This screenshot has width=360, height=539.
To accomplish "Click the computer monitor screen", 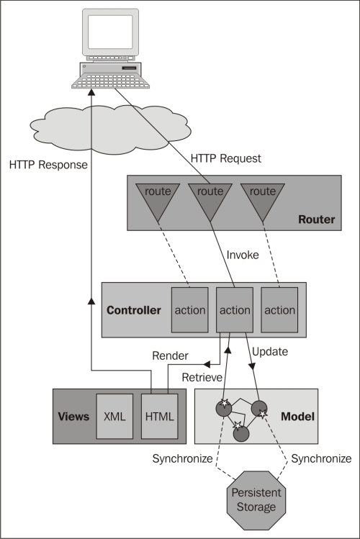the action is [110, 32].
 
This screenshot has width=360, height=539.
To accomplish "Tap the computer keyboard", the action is [110, 81].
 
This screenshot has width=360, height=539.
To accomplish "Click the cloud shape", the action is [110, 128].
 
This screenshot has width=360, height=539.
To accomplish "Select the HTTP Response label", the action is [48, 165].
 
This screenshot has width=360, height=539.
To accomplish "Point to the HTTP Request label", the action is [226, 158].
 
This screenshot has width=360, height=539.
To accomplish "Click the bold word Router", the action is [316, 219].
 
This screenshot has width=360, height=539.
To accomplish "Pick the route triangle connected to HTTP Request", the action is [210, 201].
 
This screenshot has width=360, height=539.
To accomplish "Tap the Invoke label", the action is [243, 255].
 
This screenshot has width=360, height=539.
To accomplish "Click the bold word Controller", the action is [134, 310].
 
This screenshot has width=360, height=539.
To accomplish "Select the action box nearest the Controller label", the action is [190, 310].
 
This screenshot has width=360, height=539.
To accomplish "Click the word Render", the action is [170, 355].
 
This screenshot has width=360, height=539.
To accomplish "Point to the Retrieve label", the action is [202, 377].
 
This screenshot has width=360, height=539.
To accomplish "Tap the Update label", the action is [270, 352].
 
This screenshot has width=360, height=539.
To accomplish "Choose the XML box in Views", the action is [114, 416].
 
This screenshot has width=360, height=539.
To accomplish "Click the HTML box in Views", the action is [160, 416].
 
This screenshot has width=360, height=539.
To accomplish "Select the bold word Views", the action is [73, 417].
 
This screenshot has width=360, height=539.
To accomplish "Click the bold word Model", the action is [298, 417].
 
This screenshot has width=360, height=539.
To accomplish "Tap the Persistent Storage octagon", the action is [256, 500].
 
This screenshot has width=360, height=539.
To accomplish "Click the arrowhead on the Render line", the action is [207, 364].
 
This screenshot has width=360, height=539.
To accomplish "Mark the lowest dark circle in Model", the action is [241, 433].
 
